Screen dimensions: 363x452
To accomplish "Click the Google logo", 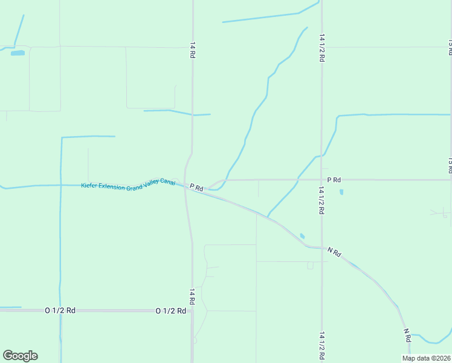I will pyautogui.click(x=20, y=356).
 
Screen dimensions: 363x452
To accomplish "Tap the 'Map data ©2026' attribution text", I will pyautogui.click(x=426, y=358).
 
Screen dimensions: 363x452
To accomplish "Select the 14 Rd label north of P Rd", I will pyautogui.click(x=192, y=50).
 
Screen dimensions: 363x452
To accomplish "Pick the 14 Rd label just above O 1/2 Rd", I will pyautogui.click(x=192, y=296).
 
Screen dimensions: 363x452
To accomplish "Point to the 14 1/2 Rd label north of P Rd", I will pyautogui.click(x=322, y=48).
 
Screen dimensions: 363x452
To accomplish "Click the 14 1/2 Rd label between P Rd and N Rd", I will pyautogui.click(x=322, y=200).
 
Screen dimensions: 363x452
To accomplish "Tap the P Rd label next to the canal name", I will pyautogui.click(x=196, y=188).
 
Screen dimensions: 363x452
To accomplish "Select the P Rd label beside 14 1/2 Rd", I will pyautogui.click(x=334, y=180).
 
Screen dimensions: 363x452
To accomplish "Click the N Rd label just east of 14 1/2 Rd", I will pyautogui.click(x=334, y=252).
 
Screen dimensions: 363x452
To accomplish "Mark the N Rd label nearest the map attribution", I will pyautogui.click(x=408, y=333).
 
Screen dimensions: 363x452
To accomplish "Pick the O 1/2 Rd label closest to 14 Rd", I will pyautogui.click(x=170, y=310).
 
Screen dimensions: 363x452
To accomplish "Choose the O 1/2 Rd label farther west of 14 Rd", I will pyautogui.click(x=60, y=310).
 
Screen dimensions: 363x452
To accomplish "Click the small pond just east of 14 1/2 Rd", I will pyautogui.click(x=341, y=192).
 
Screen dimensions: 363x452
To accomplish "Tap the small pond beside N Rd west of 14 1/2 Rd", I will pyautogui.click(x=302, y=236).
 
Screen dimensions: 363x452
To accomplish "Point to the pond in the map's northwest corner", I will pyautogui.click(x=18, y=53).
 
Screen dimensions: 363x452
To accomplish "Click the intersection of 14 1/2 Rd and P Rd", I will pyautogui.click(x=321, y=180).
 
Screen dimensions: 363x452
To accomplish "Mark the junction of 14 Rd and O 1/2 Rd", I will pyautogui.click(x=192, y=310).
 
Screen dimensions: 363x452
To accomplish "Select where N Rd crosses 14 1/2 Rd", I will pyautogui.click(x=321, y=247).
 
